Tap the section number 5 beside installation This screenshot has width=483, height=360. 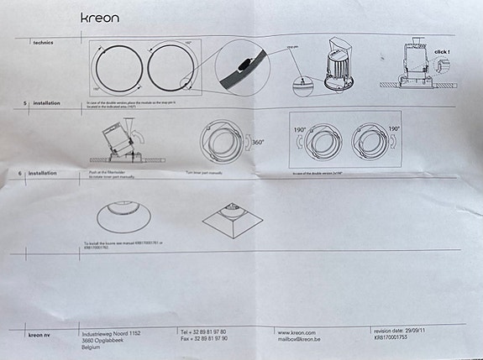[24, 102]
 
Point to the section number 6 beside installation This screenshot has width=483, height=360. [20, 173]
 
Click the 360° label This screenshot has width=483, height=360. [258, 143]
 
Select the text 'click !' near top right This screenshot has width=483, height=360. [442, 51]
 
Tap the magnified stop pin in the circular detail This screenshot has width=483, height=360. [243, 64]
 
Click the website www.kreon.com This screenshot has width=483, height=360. [297, 333]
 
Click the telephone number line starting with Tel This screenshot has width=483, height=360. [202, 332]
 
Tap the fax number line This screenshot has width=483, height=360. [202, 340]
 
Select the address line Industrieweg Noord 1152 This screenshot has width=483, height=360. [111, 333]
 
